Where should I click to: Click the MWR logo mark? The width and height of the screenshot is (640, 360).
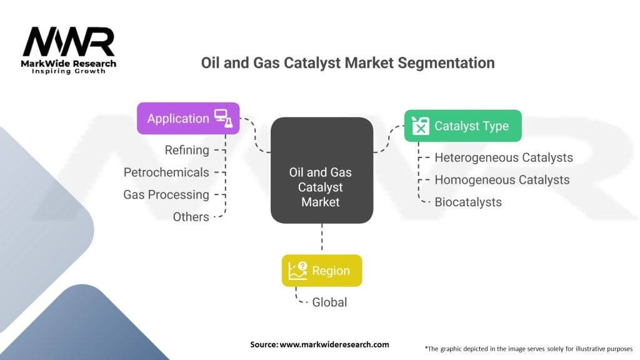69,42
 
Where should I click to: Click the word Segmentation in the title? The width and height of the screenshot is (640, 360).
446,63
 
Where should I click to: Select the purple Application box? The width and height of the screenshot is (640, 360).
188,118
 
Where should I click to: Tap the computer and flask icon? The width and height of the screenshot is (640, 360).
224,118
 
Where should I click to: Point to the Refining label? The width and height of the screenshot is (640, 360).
187,150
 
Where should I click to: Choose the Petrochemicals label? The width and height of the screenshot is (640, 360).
166,172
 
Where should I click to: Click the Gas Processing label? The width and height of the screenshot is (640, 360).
166,195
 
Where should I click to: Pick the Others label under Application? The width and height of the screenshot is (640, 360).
191,217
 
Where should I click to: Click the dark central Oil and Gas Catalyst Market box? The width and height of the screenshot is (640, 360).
322,170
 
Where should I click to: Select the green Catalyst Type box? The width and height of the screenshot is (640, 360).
463,126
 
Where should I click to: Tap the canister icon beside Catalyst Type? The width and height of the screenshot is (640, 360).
421,126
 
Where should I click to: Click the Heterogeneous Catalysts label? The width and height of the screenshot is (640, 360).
504,157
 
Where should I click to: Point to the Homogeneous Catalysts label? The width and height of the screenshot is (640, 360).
502,180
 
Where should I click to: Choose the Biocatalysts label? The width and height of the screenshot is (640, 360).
468,202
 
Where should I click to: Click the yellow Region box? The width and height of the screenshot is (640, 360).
322,271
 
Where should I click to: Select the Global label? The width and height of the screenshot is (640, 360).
329,302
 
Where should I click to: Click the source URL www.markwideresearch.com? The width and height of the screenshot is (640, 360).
334,344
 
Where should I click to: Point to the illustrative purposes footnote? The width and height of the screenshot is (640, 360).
529,349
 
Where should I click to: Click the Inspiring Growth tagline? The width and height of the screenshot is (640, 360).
69,71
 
